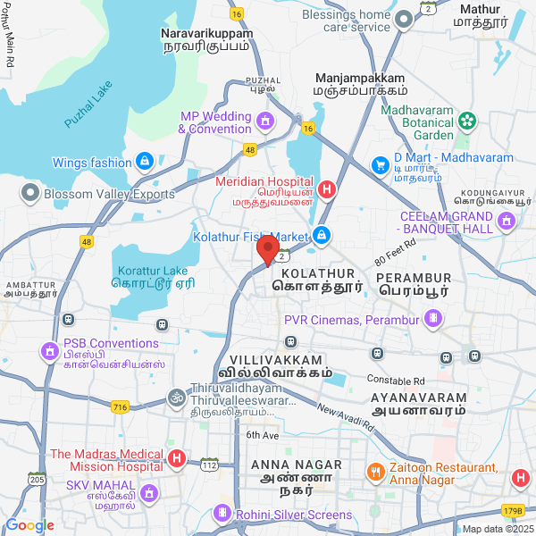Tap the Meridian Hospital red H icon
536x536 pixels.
pos(327,188)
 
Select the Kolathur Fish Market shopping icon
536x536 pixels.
pos(322,237)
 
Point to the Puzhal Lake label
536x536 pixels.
pos(88,106)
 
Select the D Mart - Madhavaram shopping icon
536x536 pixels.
pos(379,164)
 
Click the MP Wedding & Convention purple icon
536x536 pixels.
pos(264,121)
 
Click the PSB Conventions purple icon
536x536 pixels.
pos(48,352)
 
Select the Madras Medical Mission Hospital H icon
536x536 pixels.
pos(177,459)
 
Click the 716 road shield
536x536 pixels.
pos(121,406)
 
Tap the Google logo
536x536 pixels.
pos(29,525)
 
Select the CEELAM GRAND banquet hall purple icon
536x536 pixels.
pos(507,222)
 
